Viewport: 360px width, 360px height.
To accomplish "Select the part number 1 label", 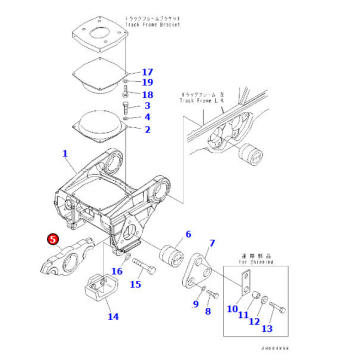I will [x=66, y=155].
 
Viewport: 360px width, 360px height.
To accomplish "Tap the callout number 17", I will [x=148, y=72].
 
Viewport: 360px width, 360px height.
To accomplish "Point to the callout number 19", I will [x=148, y=83].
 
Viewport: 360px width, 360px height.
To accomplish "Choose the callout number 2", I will [x=147, y=129].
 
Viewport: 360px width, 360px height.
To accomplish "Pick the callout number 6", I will [x=186, y=236].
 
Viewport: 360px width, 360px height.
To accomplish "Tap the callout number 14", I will [x=113, y=317].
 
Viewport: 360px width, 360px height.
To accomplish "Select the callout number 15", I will [x=135, y=285].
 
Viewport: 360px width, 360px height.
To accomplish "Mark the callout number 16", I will [x=117, y=271].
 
